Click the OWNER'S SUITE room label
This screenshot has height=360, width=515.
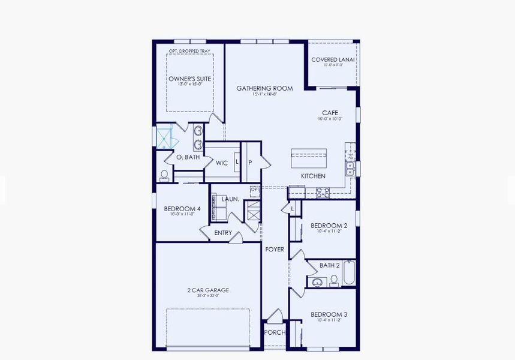pos(188,78)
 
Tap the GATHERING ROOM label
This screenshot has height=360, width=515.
pos(264,88)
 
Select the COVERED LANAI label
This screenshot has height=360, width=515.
pos(333,60)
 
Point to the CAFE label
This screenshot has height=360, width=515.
pos(330,112)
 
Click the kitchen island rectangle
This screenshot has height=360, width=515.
pos(309,159)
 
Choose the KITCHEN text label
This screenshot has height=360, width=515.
pos(313,176)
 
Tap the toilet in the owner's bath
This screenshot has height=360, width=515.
pos(164,175)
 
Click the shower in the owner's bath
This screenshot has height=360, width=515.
pos(165,137)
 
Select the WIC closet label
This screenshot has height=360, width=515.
pos(221,163)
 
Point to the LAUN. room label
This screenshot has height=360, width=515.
pos(230,199)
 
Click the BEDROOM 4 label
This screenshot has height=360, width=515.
pos(182,209)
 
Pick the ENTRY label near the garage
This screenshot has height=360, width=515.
pos(223,233)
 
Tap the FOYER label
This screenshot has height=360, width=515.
pos(275,249)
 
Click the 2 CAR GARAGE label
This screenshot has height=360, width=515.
pos(208,290)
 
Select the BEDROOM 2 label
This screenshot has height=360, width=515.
pos(329,226)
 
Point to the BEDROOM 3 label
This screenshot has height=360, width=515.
pos(329,314)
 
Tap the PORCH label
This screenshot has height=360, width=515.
pos(275,332)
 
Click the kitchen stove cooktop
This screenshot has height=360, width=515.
pos(323,193)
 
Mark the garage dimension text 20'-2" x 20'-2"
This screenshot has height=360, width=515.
pos(208,296)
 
